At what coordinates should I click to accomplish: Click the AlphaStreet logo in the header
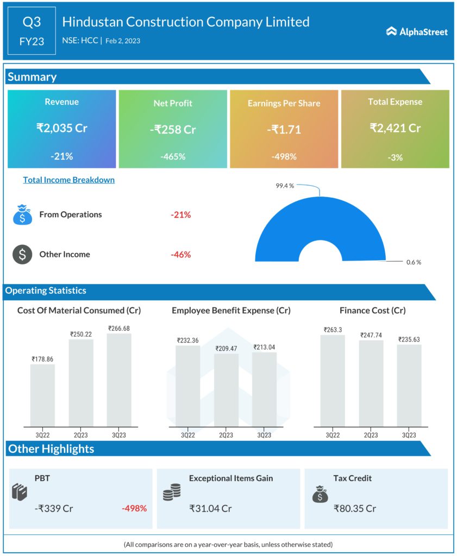[x=417, y=31]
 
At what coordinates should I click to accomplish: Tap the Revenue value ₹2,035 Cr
[x=61, y=128]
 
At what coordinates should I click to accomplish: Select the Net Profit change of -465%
[x=173, y=156]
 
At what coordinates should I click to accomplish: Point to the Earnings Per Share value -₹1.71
[x=284, y=129]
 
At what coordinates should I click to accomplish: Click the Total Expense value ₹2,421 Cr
[x=395, y=128]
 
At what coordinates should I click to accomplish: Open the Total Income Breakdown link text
[x=68, y=180]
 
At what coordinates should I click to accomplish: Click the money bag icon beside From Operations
[x=22, y=214]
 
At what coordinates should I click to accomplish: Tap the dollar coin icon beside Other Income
[x=22, y=255]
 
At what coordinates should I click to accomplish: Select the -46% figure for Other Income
[x=180, y=254]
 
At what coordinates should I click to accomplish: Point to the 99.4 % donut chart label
[x=285, y=186]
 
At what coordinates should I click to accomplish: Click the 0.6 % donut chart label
[x=414, y=262]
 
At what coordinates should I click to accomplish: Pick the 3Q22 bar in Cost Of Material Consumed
[x=42, y=395]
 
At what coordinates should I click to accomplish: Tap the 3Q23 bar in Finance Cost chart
[x=409, y=385]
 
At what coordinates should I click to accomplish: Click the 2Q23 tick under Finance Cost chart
[x=371, y=435]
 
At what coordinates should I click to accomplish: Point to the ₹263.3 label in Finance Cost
[x=332, y=330]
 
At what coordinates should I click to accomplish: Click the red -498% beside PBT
[x=134, y=509]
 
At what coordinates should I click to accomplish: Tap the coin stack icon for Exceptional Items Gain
[x=172, y=493]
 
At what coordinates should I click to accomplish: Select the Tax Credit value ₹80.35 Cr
[x=354, y=509]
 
